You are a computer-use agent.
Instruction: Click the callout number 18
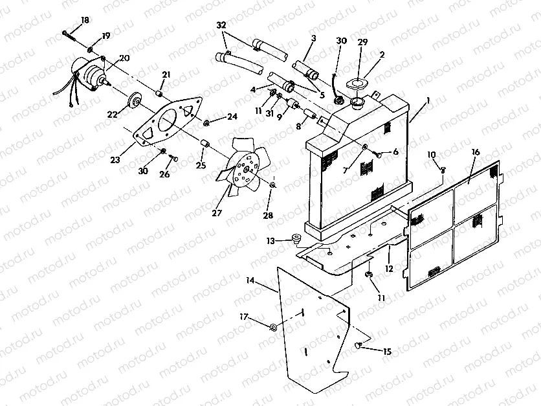click(85, 21)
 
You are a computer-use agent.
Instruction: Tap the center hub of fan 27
click(245, 170)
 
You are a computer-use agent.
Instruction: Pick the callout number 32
click(221, 25)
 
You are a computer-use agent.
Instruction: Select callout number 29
click(362, 41)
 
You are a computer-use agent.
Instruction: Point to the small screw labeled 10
click(443, 169)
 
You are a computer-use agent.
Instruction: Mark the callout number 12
click(389, 268)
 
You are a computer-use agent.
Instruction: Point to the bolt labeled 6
click(377, 154)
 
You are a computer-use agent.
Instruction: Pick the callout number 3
click(313, 39)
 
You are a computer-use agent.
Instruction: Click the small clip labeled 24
click(205, 121)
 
